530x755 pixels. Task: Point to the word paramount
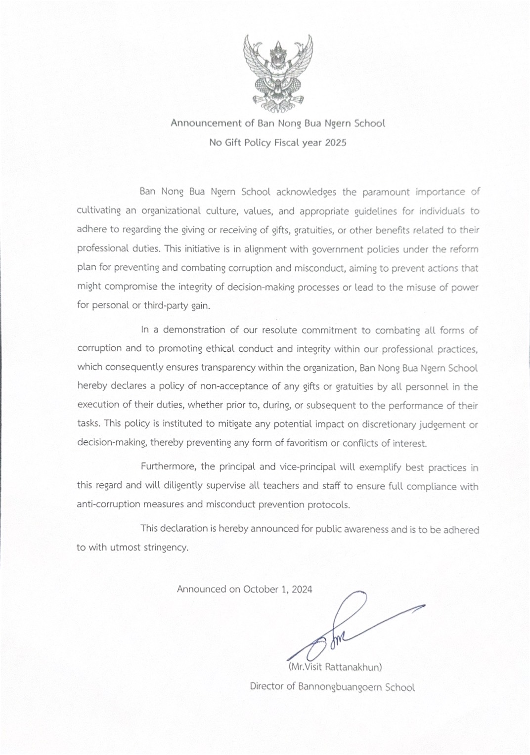tap(386, 192)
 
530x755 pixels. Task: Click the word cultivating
tap(98, 210)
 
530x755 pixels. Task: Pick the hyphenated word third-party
tap(166, 305)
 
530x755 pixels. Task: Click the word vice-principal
tap(308, 466)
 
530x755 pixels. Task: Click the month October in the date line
tap(261, 589)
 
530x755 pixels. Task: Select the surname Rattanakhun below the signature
tap(353, 667)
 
